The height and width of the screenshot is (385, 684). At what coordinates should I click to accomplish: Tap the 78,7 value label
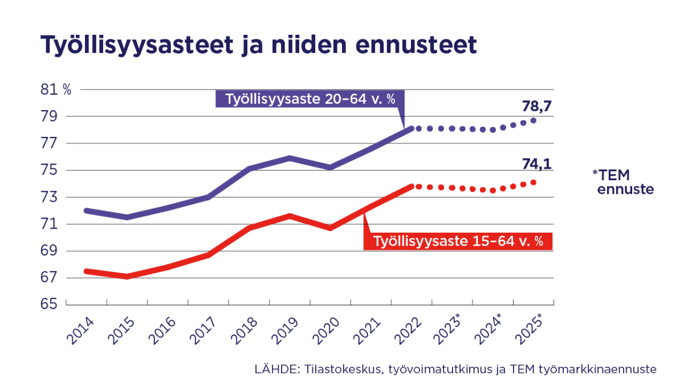click(x=538, y=107)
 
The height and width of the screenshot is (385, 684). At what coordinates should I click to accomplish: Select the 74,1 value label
click(x=538, y=165)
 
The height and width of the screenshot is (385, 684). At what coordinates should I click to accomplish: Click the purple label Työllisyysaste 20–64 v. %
click(x=310, y=99)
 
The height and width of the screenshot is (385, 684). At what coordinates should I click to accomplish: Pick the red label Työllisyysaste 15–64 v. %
click(x=458, y=241)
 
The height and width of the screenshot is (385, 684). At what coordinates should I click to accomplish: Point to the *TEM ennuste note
click(x=622, y=182)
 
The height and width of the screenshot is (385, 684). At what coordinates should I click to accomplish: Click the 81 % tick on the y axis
click(x=56, y=90)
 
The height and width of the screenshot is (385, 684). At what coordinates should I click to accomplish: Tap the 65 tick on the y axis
click(x=51, y=305)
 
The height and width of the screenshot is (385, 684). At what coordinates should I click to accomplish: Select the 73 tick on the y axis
click(x=51, y=197)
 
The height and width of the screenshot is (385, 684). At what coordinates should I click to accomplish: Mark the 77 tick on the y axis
click(x=51, y=143)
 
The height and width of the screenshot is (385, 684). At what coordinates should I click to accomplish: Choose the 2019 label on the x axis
click(x=283, y=331)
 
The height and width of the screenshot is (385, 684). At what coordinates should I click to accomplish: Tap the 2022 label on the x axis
click(x=405, y=331)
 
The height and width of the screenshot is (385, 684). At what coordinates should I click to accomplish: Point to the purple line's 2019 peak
click(x=290, y=157)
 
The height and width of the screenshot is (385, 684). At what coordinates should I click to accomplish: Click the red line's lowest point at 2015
click(x=127, y=277)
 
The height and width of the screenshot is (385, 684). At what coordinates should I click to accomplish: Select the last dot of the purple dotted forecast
click(x=534, y=120)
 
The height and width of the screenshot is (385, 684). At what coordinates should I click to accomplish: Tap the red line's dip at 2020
click(x=330, y=228)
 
